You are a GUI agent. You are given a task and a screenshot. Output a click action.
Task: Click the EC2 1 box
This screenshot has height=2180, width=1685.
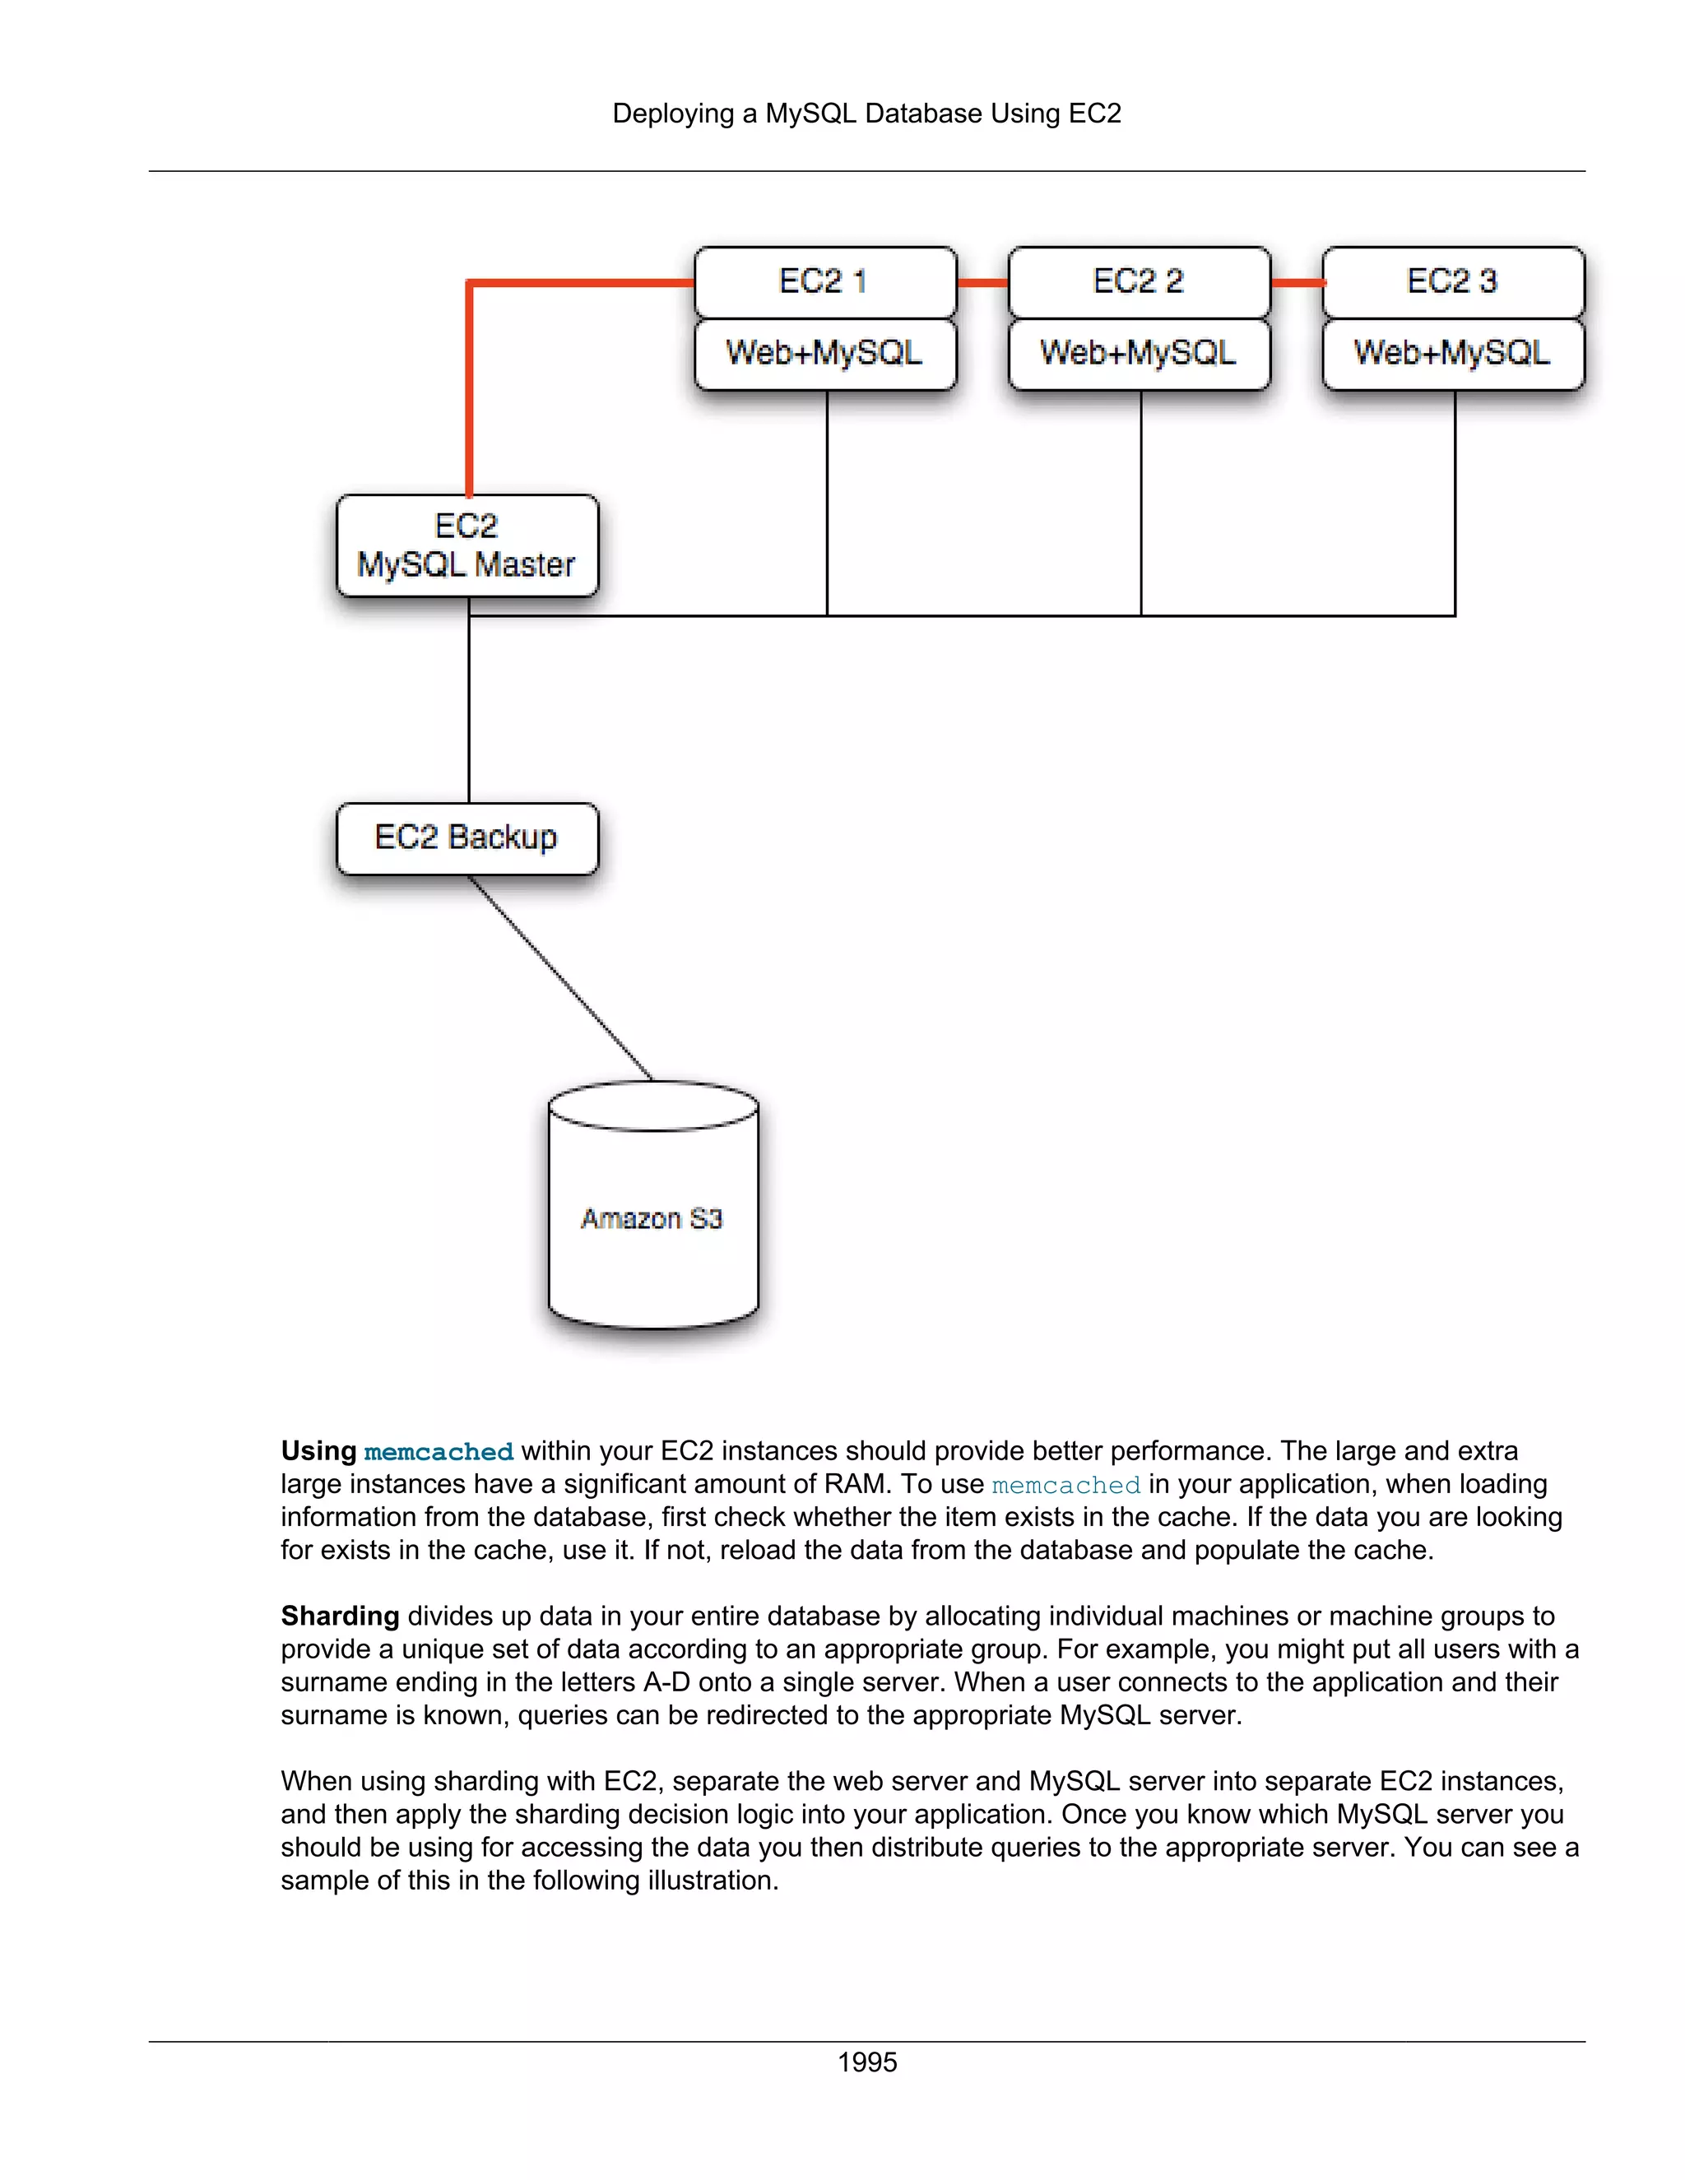click(824, 281)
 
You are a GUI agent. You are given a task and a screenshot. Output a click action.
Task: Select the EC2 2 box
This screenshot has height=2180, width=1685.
click(1139, 281)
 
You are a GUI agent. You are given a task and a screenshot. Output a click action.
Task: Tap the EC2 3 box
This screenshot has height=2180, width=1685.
click(1452, 281)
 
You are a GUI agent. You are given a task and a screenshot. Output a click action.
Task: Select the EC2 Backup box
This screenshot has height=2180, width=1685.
click(467, 837)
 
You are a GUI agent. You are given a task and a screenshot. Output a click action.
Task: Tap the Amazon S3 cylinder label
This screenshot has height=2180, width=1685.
click(652, 1219)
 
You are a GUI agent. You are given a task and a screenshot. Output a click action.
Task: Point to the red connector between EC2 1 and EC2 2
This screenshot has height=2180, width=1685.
click(982, 282)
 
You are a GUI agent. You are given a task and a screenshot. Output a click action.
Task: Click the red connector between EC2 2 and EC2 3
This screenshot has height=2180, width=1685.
click(1297, 282)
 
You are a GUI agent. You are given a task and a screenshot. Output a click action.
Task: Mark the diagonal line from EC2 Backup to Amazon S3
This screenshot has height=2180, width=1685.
click(561, 978)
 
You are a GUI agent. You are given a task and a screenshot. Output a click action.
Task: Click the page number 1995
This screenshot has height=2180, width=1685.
click(866, 2062)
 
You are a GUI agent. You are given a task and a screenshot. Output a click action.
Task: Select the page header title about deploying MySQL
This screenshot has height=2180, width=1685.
click(866, 114)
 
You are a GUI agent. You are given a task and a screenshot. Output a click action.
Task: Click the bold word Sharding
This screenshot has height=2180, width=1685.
click(340, 1616)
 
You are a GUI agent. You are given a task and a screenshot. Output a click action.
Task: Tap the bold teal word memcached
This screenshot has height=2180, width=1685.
click(439, 1451)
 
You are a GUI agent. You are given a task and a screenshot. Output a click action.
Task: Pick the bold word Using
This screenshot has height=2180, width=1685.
click(318, 1451)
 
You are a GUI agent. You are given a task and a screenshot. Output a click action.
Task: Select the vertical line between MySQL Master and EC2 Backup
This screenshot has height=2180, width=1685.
click(469, 708)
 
